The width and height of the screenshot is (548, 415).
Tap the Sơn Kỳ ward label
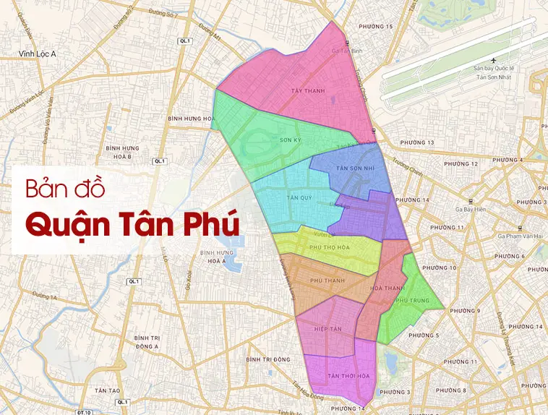click(x=289, y=140)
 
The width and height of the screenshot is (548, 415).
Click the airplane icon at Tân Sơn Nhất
click(x=493, y=59)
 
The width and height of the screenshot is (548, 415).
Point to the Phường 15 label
click(x=380, y=27)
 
